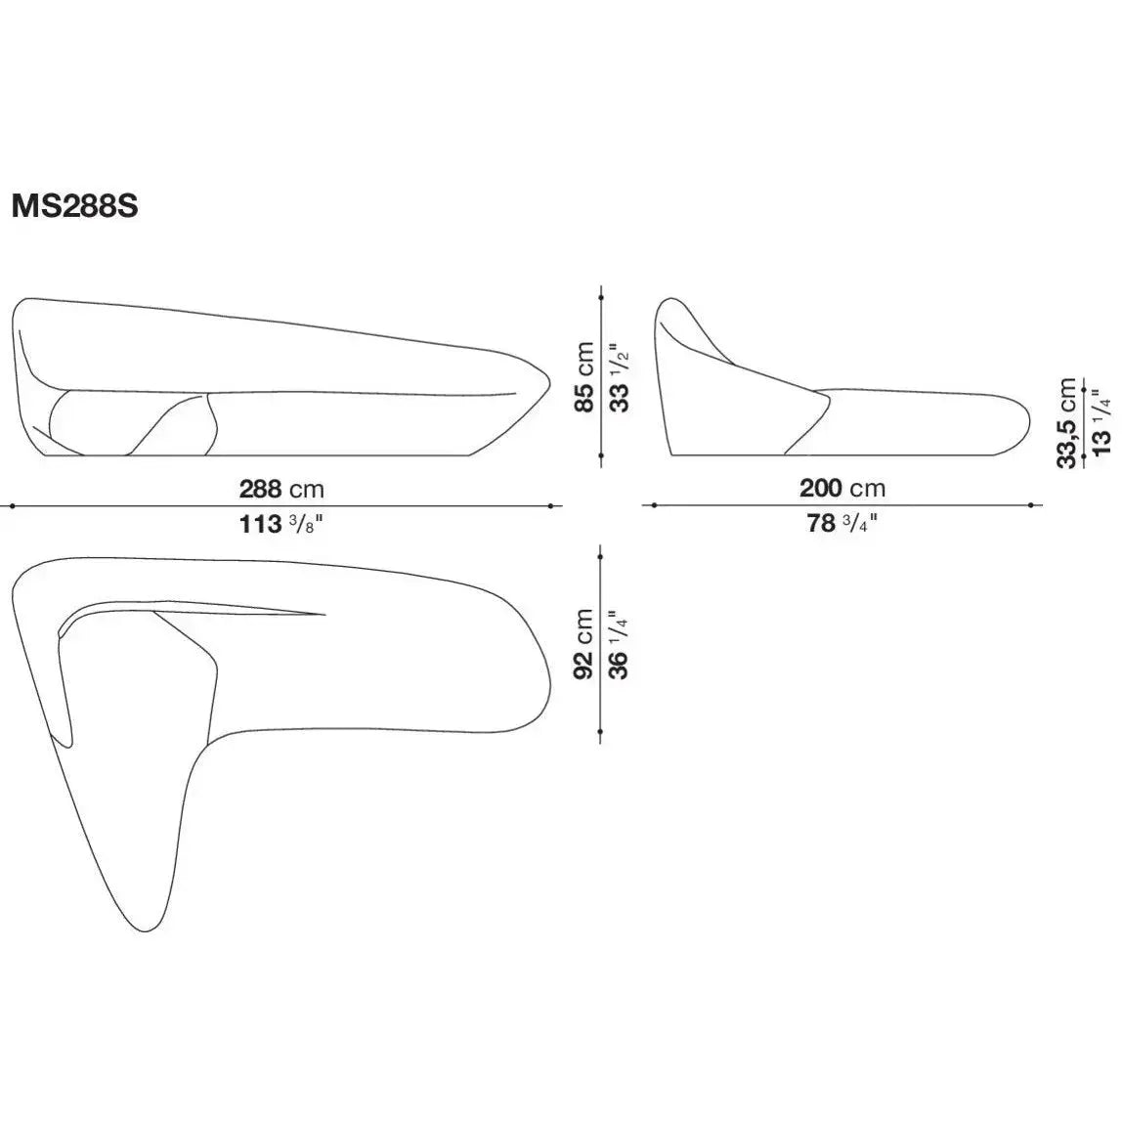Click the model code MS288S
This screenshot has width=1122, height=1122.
point(74,206)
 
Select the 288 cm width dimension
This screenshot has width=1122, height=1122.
point(281,488)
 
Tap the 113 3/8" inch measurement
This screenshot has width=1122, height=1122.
point(281,524)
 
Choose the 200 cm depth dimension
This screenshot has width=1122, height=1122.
point(842,488)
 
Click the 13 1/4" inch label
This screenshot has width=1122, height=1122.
point(1100,422)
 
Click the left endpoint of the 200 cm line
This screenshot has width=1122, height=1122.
point(652,505)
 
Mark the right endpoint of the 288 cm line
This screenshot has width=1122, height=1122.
point(552,505)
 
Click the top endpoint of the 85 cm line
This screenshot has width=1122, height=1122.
point(601,296)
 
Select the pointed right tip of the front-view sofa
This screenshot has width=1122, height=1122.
point(550,375)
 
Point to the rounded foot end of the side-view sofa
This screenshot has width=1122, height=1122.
point(1028,421)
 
